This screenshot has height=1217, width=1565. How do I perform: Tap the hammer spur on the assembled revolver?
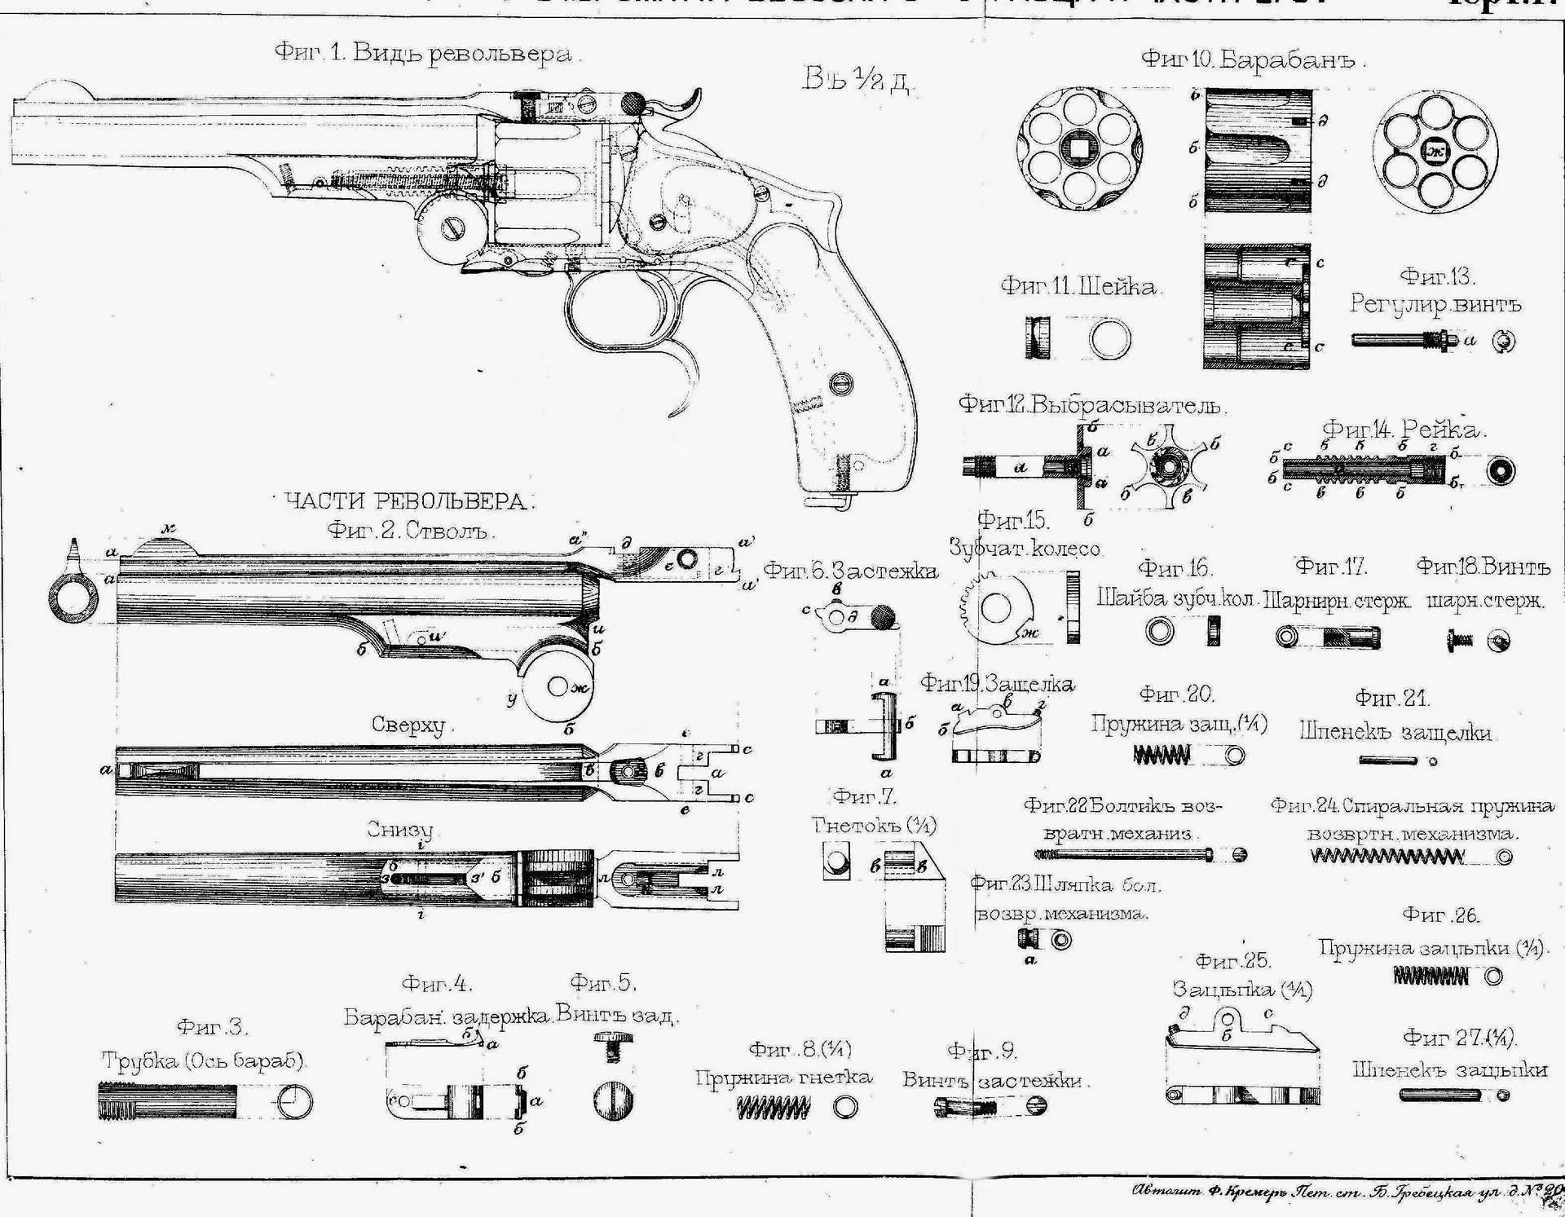tap(691, 103)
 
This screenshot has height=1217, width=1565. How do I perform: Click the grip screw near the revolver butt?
tap(841, 382)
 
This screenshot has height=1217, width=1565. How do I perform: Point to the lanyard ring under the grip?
tap(840, 502)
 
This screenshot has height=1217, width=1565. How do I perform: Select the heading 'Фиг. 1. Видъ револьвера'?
tap(423, 54)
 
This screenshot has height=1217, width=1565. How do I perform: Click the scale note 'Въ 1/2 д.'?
tap(856, 79)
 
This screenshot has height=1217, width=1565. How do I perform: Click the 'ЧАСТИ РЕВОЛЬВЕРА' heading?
tap(407, 500)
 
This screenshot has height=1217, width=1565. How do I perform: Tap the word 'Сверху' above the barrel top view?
tap(408, 725)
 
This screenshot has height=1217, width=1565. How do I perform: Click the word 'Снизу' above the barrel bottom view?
tap(399, 830)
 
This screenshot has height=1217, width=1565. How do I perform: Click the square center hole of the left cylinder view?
tap(1079, 148)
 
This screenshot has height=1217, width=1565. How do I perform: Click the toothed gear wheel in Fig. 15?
tap(997, 607)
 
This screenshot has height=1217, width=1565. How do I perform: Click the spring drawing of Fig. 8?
tap(773, 1107)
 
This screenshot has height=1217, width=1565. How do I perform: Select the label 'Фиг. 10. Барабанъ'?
tap(1251, 60)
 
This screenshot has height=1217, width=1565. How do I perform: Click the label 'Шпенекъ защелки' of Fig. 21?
tap(1395, 732)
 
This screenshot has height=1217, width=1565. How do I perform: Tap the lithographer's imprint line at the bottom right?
tap(1345, 1192)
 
